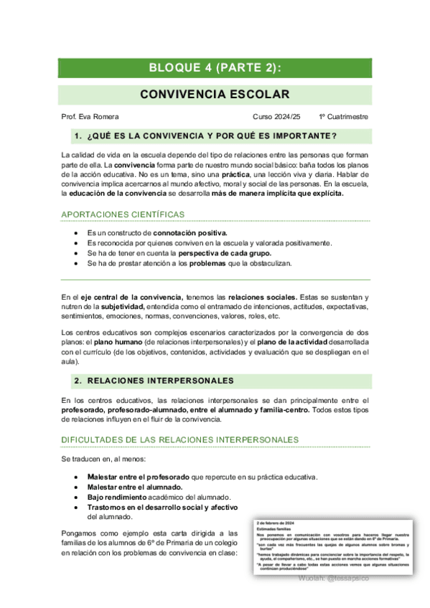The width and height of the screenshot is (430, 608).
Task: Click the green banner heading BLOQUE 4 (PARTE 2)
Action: (215, 68)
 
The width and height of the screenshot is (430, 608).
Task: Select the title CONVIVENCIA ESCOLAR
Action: (215, 95)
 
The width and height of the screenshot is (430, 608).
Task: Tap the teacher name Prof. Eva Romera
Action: (90, 117)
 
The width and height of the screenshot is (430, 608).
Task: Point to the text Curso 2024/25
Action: (277, 117)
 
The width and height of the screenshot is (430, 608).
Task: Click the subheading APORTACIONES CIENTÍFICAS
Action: (123, 214)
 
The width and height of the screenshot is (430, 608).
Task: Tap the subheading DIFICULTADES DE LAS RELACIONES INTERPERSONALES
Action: (180, 439)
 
